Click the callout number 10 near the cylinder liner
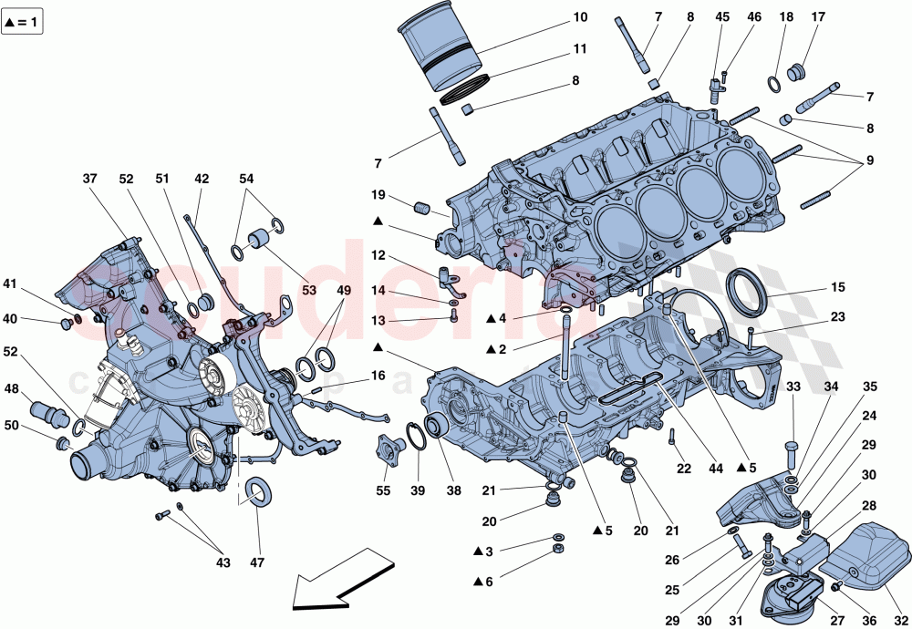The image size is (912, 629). (581, 17)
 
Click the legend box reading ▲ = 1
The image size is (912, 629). (24, 22)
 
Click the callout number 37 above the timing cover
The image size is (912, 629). (89, 179)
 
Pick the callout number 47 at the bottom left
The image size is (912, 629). (257, 562)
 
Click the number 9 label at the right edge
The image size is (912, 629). (869, 160)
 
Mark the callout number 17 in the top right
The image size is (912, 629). (817, 17)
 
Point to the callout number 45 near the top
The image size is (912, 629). (722, 17)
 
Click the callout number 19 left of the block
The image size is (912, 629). (378, 195)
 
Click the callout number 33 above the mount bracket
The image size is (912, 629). (792, 387)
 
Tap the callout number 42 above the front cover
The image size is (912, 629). (201, 179)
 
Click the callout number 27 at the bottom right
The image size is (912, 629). (837, 620)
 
